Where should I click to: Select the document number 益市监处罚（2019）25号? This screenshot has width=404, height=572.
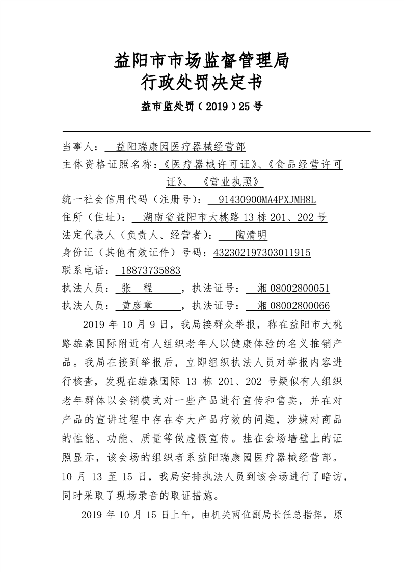pos(202,107)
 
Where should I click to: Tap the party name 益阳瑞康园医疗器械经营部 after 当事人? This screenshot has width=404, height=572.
pos(181,147)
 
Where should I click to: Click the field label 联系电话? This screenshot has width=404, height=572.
pos(83,270)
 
